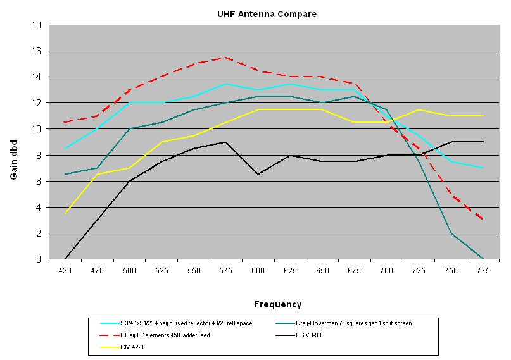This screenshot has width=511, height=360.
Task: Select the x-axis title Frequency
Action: pos(277,304)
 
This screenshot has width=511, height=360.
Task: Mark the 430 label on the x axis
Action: pos(65,270)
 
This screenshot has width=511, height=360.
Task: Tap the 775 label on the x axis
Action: pos(483,270)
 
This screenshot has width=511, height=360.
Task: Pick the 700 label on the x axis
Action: pos(387,270)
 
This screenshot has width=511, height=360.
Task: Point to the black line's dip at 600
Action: pos(258,174)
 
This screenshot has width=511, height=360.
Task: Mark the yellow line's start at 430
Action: pos(65,213)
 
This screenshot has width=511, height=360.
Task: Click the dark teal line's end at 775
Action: pos(483,258)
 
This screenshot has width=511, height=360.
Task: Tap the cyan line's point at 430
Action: pos(65,149)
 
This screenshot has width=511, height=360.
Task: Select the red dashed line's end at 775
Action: pos(483,220)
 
